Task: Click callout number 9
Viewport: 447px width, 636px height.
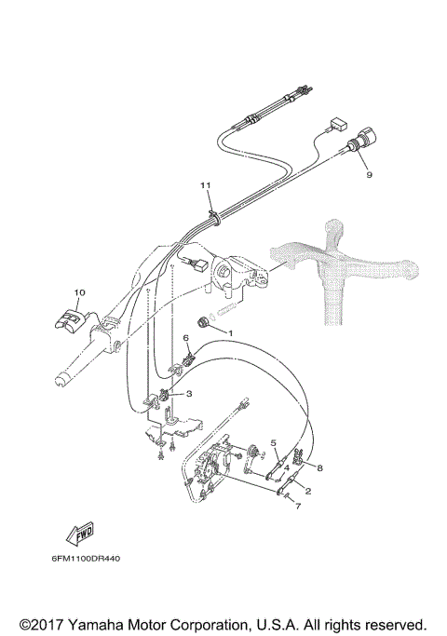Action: (369, 172)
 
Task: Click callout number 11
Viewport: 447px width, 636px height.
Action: (206, 186)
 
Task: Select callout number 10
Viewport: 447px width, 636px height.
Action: (79, 292)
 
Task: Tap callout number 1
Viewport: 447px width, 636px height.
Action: (231, 332)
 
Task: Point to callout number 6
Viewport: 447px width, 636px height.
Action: (185, 337)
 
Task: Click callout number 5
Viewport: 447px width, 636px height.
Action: (274, 442)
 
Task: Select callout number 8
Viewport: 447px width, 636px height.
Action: (319, 467)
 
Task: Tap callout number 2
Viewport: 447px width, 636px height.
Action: (308, 490)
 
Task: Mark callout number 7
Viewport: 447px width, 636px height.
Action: (297, 507)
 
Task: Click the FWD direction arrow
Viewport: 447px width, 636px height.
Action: (79, 532)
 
